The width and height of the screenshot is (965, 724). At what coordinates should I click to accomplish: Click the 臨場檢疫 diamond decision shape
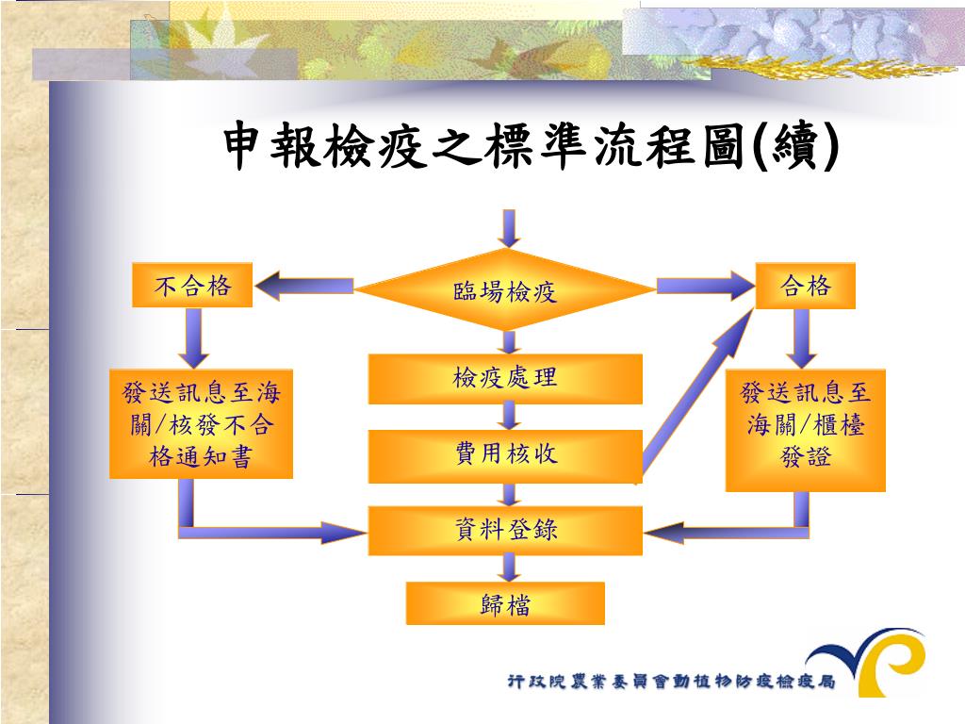(x=506, y=290)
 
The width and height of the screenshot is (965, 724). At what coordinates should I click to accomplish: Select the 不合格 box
(x=192, y=286)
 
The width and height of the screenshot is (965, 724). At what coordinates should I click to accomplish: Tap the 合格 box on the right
(x=806, y=286)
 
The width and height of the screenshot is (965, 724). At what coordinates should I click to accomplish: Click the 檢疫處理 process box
(x=505, y=379)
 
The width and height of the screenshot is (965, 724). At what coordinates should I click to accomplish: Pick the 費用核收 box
(x=505, y=455)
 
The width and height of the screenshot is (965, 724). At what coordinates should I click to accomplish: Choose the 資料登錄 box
(x=505, y=530)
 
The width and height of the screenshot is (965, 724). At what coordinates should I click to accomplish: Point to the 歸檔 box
(x=505, y=603)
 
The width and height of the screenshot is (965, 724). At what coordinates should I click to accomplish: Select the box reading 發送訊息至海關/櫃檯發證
(x=806, y=430)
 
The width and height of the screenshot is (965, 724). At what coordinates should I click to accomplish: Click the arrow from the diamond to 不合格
(x=303, y=285)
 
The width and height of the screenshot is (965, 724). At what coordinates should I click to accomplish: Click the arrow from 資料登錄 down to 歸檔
(x=510, y=568)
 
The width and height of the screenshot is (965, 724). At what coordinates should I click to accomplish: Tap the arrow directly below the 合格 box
(x=803, y=337)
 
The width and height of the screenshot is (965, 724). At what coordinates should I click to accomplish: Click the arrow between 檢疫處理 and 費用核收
(x=510, y=416)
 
